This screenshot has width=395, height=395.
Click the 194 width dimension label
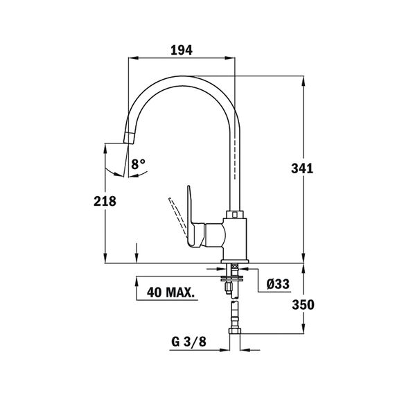tap(182, 50)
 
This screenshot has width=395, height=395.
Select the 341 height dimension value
tap(302, 168)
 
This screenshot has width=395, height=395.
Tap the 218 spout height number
tap(105, 201)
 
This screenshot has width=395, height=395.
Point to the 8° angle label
tap(139, 164)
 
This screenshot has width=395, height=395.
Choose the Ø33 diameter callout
tap(278, 284)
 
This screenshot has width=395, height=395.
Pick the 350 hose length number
tap(303, 304)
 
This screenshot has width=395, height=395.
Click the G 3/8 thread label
tap(188, 342)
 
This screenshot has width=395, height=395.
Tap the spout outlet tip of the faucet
tap(128, 138)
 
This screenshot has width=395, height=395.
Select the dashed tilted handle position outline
tap(178, 217)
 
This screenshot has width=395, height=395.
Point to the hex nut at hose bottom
tap(234, 331)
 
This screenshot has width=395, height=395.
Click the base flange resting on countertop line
tap(235, 261)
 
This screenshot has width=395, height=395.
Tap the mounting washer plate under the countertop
tap(231, 278)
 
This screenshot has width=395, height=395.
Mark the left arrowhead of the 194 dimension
tap(133, 58)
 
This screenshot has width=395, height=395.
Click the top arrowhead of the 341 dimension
tap(304, 81)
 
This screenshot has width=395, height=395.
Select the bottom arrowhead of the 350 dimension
tap(304, 328)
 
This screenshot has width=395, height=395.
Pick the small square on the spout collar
tap(235, 215)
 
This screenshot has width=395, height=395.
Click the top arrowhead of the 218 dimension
tap(105, 148)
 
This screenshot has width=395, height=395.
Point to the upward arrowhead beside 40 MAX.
tap(137, 281)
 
